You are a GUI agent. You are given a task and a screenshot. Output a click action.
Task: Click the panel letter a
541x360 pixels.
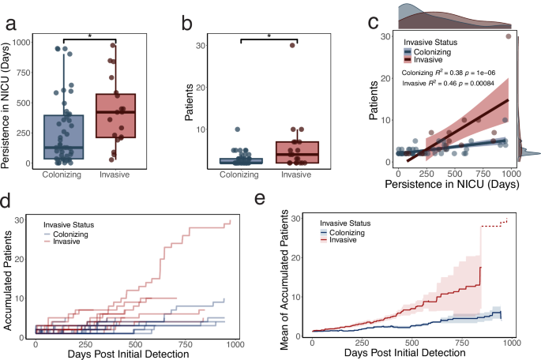pos(11,23)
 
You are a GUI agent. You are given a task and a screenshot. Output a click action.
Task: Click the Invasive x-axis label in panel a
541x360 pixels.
pos(115,176)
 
